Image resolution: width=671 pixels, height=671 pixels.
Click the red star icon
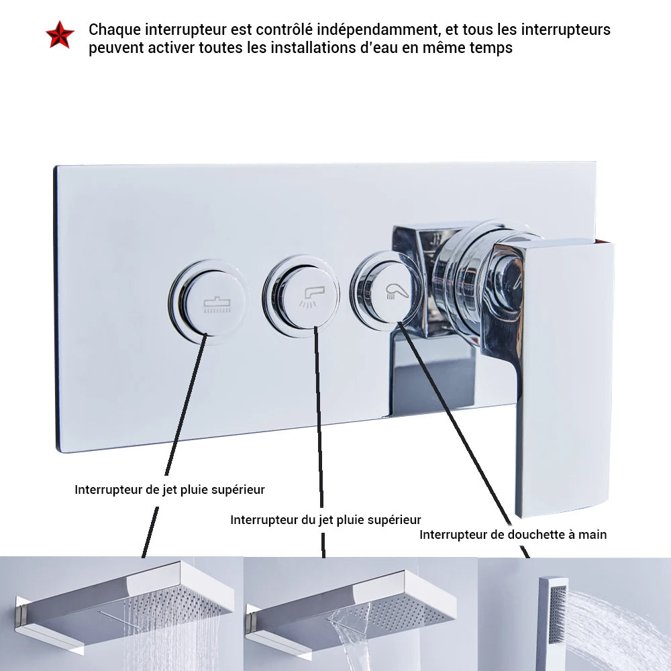point(60,36)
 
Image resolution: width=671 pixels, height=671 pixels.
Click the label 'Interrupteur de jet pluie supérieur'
point(170,490)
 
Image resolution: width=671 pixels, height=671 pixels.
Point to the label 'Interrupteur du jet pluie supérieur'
point(325,520)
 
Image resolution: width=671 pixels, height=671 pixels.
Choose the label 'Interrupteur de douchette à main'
point(513,535)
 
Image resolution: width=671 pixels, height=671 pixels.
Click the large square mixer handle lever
point(564,376)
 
